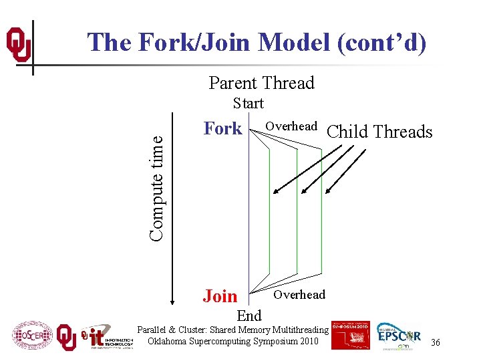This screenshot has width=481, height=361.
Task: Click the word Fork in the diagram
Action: (222, 128)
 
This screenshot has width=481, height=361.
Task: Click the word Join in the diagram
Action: (220, 296)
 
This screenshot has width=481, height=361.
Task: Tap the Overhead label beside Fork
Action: (291, 126)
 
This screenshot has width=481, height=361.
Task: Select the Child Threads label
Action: (380, 132)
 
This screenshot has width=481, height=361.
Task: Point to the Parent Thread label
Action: (261, 83)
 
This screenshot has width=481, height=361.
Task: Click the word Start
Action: (248, 104)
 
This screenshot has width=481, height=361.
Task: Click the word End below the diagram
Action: (249, 315)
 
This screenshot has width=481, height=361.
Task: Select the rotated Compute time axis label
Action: (156, 187)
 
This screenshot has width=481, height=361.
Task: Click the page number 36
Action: (436, 342)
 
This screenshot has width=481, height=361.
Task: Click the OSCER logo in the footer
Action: (32, 334)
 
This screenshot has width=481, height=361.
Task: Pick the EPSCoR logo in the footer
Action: (399, 336)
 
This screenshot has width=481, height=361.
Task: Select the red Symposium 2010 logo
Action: (350, 335)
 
